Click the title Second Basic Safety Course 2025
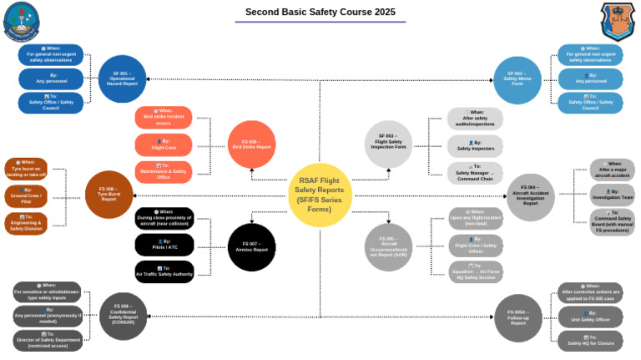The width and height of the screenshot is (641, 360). point(321,13)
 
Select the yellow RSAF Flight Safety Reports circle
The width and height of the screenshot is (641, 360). point(319,195)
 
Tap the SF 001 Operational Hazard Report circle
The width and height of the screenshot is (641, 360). point(123,79)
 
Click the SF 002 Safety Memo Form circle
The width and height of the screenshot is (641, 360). point(517,80)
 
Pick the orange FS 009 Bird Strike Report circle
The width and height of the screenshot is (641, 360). point(251,145)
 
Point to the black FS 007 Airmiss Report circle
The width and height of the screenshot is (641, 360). point(251,247)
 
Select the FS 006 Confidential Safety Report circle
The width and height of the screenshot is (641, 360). point(124,317)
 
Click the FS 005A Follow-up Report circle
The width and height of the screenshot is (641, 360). point(518,318)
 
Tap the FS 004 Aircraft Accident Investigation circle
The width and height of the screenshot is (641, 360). point(530,197)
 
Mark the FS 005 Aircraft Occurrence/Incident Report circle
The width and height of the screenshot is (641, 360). point(388,247)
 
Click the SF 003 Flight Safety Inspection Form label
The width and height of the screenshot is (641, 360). point(388,143)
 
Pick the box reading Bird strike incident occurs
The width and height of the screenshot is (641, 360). point(164,117)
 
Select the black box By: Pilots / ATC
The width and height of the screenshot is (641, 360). point(164,244)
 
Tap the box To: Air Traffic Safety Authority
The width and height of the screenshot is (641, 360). point(164,271)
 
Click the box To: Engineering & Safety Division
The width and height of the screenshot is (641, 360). point(25,221)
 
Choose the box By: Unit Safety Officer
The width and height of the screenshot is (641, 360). point(591,317)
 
